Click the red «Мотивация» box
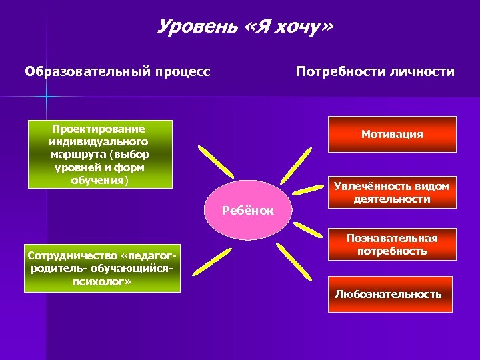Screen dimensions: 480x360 tap(392, 135)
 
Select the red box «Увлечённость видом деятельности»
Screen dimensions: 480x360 tap(392, 193)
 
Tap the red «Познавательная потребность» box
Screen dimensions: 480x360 tap(392, 245)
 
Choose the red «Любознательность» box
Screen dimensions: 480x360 tap(389, 294)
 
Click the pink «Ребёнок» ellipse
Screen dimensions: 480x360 tap(248, 211)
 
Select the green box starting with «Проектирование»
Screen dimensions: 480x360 tap(99, 154)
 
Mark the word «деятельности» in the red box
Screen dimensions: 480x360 tap(392, 199)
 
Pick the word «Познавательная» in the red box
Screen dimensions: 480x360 tap(392, 238)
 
